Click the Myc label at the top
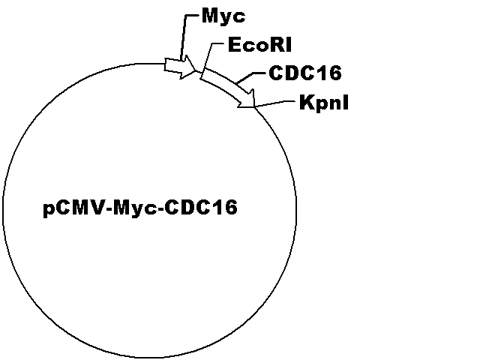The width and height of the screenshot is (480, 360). (223, 16)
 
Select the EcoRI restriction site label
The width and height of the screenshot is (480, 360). (260, 45)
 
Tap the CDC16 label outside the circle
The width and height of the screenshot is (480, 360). (305, 73)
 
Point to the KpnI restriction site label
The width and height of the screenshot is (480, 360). (324, 102)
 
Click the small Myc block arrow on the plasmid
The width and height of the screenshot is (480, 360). (180, 67)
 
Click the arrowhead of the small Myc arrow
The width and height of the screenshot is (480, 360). (189, 67)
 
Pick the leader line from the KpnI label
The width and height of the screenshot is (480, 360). (274, 103)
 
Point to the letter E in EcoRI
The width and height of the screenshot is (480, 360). (235, 45)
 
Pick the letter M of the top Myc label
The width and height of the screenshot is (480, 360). (210, 15)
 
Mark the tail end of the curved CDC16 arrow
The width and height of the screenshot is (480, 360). (202, 73)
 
